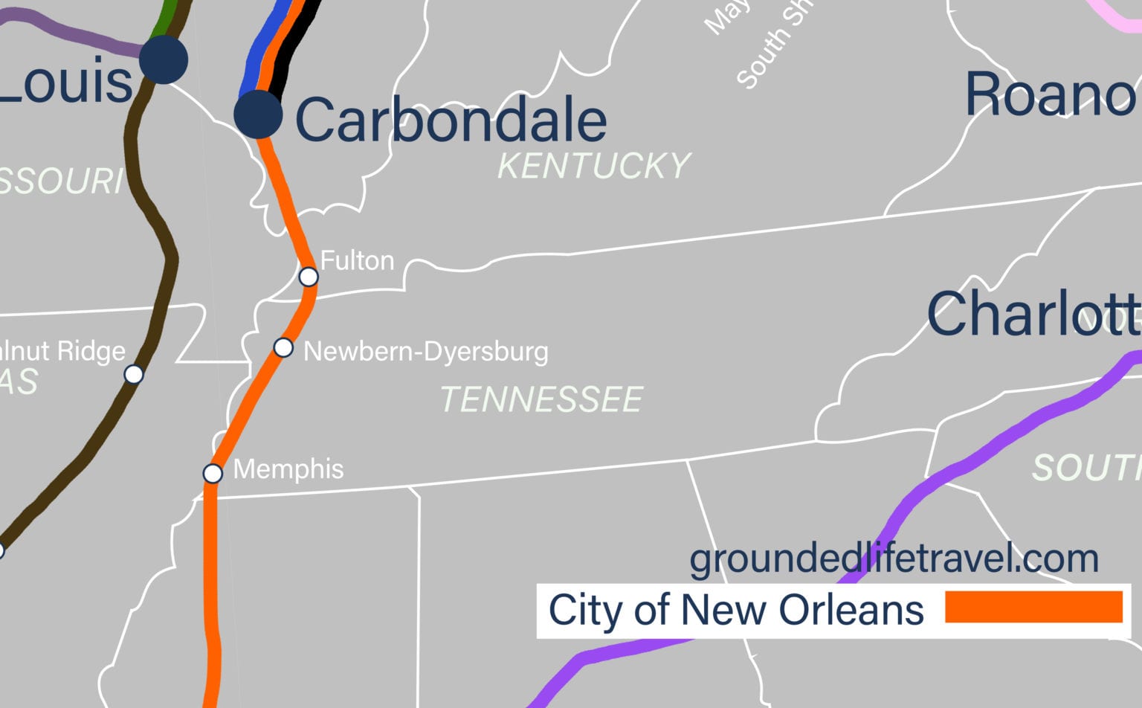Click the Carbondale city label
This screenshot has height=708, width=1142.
[x=451, y=120]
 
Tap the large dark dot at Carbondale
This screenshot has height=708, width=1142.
[x=258, y=115]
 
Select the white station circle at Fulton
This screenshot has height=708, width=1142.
[x=309, y=277]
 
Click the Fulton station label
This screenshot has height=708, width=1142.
[x=357, y=261]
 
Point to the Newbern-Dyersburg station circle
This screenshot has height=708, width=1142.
[x=283, y=347]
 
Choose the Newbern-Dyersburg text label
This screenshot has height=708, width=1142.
[x=425, y=351]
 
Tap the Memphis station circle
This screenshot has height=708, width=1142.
[x=213, y=473]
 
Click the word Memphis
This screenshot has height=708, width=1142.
[x=288, y=469]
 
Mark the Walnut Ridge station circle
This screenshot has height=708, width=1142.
[x=134, y=374]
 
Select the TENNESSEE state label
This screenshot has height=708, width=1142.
[x=541, y=399]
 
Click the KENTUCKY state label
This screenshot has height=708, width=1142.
[x=593, y=166]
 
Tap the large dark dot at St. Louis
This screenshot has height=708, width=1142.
[x=164, y=59]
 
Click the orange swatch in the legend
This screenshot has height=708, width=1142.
[x=1033, y=607]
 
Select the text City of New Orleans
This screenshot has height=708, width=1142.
[x=735, y=610]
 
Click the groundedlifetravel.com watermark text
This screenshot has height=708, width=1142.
[x=894, y=559]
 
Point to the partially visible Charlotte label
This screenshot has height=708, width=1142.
[x=1033, y=313]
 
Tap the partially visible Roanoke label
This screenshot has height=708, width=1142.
[x=1050, y=94]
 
